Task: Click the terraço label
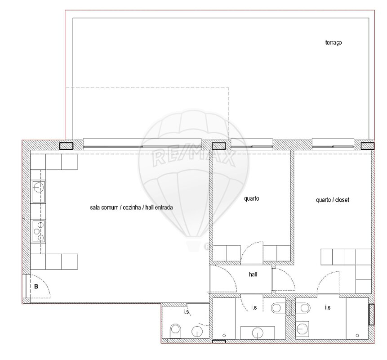click(334, 42)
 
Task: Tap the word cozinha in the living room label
click(132, 207)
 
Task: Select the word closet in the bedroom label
click(342, 200)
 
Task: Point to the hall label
click(253, 274)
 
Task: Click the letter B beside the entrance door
click(36, 286)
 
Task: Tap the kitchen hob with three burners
click(39, 231)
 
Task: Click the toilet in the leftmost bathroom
click(175, 330)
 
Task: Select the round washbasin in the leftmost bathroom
click(197, 331)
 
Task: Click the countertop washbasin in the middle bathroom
click(258, 333)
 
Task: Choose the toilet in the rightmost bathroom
click(304, 308)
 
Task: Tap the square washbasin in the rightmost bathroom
click(302, 328)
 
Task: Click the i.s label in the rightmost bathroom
click(328, 307)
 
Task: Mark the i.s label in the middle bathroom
click(254, 307)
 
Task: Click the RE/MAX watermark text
click(193, 158)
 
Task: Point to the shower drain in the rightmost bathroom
click(357, 336)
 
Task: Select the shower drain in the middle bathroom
click(224, 336)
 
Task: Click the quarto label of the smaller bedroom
click(252, 198)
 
